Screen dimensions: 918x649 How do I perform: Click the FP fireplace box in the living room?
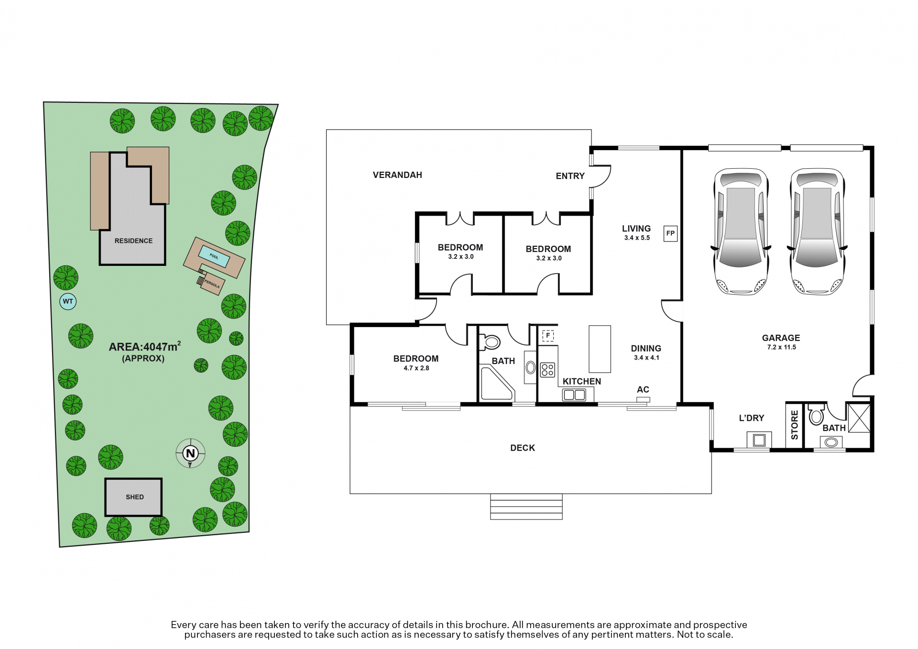(670, 233)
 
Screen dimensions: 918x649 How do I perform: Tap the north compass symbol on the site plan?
(190, 453)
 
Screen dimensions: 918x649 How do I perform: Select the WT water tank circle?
(68, 301)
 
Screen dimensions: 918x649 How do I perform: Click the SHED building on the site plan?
(134, 497)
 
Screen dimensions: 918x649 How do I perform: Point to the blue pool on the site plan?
(214, 256)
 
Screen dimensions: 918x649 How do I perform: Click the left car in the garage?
(741, 231)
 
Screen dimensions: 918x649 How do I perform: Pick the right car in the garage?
(817, 231)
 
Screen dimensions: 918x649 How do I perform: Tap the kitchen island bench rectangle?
(600, 349)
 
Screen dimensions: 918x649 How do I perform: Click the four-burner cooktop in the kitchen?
(547, 370)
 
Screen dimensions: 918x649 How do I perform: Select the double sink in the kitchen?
(574, 395)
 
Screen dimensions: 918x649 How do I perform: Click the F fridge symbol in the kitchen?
(548, 335)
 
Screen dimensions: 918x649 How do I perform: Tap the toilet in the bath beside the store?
(816, 414)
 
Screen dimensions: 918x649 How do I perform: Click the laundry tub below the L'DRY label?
(759, 440)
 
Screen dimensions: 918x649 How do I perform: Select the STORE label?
(795, 425)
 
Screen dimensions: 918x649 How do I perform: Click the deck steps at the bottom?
(526, 506)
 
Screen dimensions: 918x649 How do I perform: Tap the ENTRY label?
(570, 176)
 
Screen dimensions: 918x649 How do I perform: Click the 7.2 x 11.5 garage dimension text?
(781, 347)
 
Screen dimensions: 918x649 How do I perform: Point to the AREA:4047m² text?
(145, 346)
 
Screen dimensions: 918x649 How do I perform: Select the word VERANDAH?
(397, 175)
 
